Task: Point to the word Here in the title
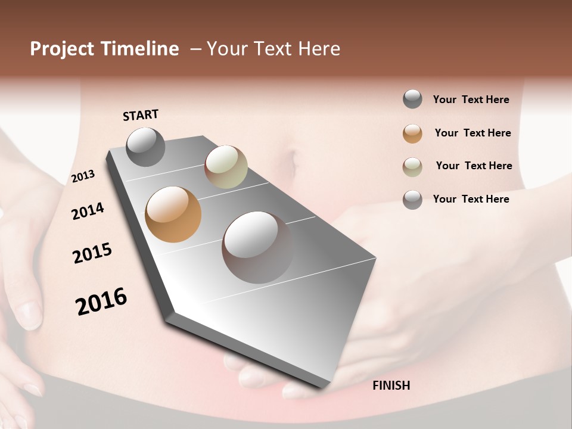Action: coord(319,49)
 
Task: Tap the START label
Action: coord(141,115)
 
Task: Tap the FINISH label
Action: coord(391,386)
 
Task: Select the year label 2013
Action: coord(83,176)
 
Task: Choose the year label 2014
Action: coord(88,212)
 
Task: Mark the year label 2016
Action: coord(101,301)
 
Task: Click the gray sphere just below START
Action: coord(145,147)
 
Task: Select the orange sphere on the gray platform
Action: coord(173,214)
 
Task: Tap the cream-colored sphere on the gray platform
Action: coord(226,167)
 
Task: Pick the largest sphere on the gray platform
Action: coord(257,247)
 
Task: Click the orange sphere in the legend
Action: coord(412,133)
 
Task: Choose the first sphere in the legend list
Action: coord(412,100)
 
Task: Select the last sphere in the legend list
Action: coord(412,200)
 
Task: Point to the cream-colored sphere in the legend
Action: coord(412,167)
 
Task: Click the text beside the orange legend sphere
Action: coord(472,133)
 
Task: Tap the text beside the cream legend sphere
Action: coord(474,166)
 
